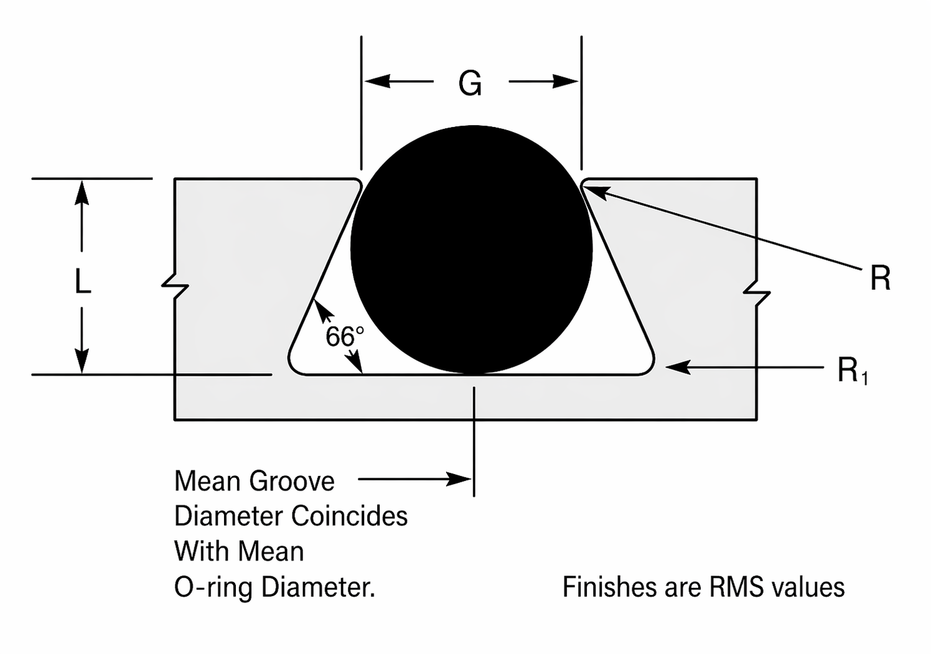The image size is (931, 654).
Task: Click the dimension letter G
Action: click(470, 83)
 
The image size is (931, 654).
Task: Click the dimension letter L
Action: click(82, 281)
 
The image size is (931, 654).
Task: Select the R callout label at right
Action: click(880, 278)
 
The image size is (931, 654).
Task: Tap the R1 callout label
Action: click(852, 371)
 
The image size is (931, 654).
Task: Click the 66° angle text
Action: click(344, 337)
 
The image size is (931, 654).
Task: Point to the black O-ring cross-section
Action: click(472, 249)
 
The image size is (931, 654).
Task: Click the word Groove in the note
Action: click(292, 481)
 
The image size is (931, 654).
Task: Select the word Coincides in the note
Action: click(349, 516)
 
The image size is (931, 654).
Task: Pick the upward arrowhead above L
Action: click(82, 192)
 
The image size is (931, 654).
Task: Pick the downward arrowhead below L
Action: click(82, 362)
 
